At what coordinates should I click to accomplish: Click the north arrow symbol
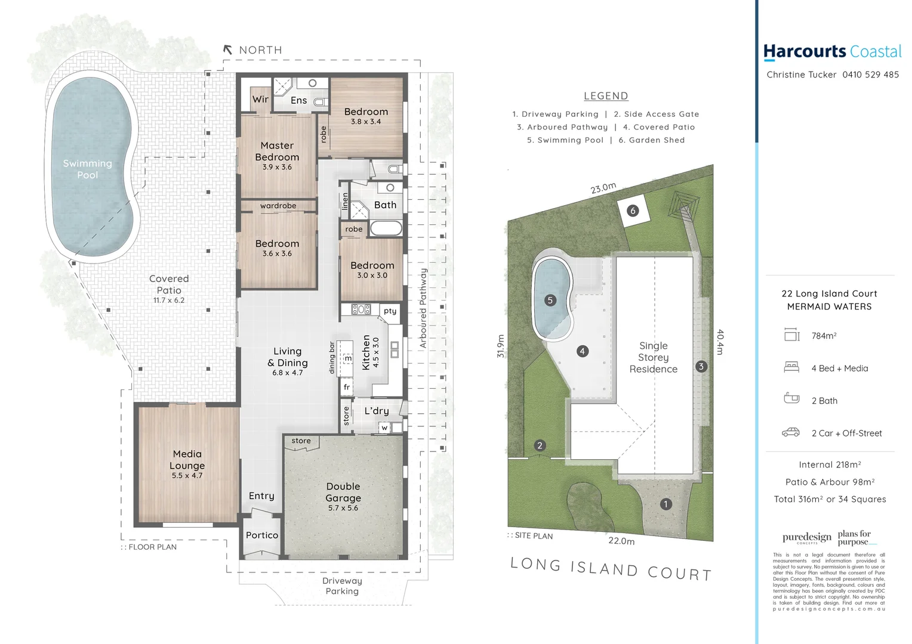(x=227, y=50)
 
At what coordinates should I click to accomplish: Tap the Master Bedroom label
(x=277, y=151)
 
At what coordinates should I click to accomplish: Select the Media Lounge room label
(x=187, y=460)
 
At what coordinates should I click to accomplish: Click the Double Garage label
(x=343, y=492)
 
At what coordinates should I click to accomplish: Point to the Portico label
(x=262, y=535)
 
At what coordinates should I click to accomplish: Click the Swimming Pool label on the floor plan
(x=87, y=169)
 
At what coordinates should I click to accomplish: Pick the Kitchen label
(x=366, y=352)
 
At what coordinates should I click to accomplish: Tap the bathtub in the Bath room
(x=386, y=228)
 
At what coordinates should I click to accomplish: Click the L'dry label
(x=377, y=411)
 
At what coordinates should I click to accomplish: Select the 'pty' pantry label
(x=390, y=311)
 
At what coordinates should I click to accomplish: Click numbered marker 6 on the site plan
(x=633, y=210)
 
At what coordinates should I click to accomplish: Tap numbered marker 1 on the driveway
(x=666, y=504)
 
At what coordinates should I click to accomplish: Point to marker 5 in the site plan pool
(x=550, y=301)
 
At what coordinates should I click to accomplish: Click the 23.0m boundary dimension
(x=603, y=188)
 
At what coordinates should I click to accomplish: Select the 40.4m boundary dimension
(x=720, y=342)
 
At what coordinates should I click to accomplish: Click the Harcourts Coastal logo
(x=832, y=52)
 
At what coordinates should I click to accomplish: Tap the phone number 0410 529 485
(x=870, y=75)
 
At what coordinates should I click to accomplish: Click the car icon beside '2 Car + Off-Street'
(x=791, y=432)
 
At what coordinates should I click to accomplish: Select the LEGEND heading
(x=606, y=96)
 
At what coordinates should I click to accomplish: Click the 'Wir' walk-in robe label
(x=260, y=100)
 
